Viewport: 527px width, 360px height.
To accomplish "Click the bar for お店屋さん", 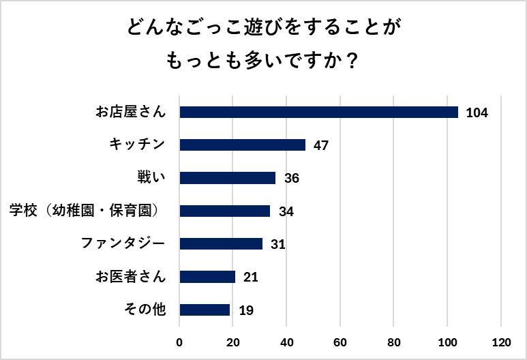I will coord(318,112).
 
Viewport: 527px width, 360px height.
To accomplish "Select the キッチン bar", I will coord(242,145).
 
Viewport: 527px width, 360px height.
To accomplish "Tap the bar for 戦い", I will coord(228,178).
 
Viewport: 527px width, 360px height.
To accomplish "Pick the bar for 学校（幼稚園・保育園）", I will coord(225,211).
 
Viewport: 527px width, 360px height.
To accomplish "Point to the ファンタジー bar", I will coord(221,244).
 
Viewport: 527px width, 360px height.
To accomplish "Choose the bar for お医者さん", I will coord(207,277).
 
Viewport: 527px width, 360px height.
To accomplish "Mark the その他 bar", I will coord(205,310).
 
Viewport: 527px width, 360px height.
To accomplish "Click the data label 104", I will coord(477,112).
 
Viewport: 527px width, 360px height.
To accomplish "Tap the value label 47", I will coord(321,145).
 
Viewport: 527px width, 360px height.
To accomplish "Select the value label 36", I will coord(292,179).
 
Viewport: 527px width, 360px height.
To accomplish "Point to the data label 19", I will coord(246,310).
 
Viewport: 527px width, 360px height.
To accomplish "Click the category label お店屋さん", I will coord(130,112).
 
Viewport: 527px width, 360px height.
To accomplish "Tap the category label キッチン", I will coord(137,145).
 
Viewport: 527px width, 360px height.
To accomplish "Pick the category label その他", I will coord(145,310).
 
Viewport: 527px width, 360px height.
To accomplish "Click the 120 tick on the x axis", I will coord(501,342).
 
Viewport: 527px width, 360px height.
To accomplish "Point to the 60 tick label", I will coord(340,342).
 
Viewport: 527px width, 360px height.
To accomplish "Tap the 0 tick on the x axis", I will coord(179,342).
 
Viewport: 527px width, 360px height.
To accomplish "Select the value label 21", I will coord(251,277).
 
